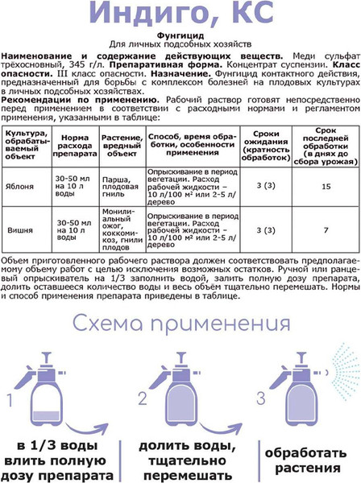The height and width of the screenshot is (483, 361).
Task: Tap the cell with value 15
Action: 325,186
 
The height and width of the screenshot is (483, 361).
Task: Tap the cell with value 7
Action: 325,230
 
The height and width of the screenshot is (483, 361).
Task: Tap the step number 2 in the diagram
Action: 141,398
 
